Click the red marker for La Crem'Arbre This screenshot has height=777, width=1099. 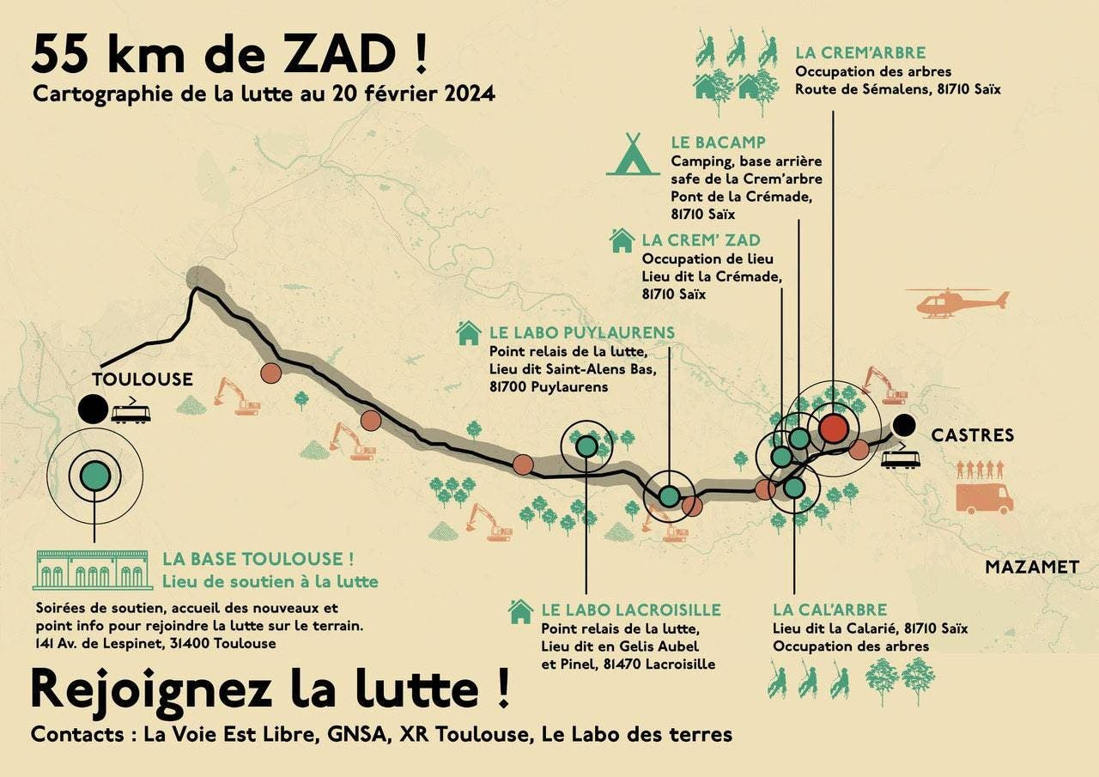[x=833, y=428]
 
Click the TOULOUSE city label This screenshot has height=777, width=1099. [x=143, y=379]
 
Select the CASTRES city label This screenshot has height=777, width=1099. [x=972, y=435]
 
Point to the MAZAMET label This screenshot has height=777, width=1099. [x=1031, y=567]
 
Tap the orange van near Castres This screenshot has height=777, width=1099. [x=984, y=498]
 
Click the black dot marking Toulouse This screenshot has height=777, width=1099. [x=92, y=409]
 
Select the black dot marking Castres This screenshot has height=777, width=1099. [x=902, y=423]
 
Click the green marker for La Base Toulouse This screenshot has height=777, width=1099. [x=94, y=475]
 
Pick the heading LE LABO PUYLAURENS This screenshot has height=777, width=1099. [x=581, y=332]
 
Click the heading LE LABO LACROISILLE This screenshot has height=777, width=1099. [x=630, y=610]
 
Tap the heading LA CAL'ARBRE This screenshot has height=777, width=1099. [x=829, y=610]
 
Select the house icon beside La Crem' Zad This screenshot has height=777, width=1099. [x=622, y=240]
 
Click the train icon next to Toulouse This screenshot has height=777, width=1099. [x=131, y=411]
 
